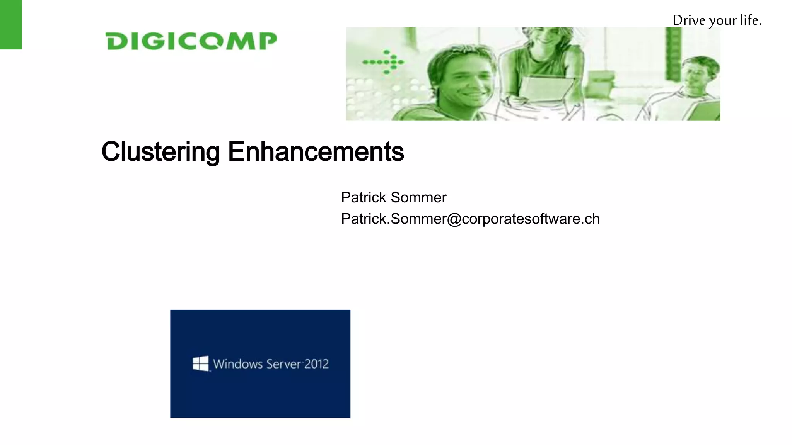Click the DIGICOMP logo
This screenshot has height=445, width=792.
pyautogui.click(x=191, y=41)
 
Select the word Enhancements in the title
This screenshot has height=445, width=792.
pyautogui.click(x=316, y=151)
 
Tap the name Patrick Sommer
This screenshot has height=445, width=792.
pyautogui.click(x=394, y=197)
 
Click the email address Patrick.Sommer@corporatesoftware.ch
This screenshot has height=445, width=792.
pyautogui.click(x=470, y=219)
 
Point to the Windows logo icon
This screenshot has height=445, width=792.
pyautogui.click(x=201, y=363)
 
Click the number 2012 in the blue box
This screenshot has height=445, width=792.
pyautogui.click(x=316, y=364)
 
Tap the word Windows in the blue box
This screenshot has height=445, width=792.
pyautogui.click(x=238, y=364)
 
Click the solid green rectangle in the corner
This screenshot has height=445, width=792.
pyautogui.click(x=11, y=24)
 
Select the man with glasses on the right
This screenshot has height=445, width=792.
pyautogui.click(x=696, y=77)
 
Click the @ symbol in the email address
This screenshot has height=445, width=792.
pyautogui.click(x=454, y=219)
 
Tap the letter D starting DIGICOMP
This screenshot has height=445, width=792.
pyautogui.click(x=116, y=41)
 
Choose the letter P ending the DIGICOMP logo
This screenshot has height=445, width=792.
pyautogui.click(x=268, y=41)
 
